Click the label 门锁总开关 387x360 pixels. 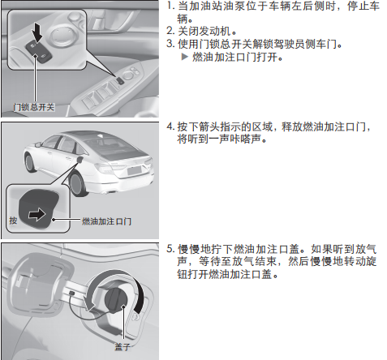[x=34, y=107]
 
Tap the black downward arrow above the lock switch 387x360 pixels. [x=37, y=32]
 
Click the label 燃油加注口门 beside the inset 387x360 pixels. [x=106, y=221]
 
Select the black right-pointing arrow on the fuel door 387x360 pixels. [x=37, y=215]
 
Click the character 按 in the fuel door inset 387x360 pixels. [x=13, y=221]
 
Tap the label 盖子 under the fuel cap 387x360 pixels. [x=123, y=346]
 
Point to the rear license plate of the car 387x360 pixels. [x=135, y=170]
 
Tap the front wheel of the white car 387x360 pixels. [x=30, y=162]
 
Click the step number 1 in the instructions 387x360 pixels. [x=170, y=6]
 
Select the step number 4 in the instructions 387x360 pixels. [x=170, y=126]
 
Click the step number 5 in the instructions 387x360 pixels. [x=170, y=249]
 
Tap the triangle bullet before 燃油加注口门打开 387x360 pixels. [x=185, y=57]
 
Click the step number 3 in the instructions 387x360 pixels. [x=170, y=44]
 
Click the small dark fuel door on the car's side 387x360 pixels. [x=80, y=160]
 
